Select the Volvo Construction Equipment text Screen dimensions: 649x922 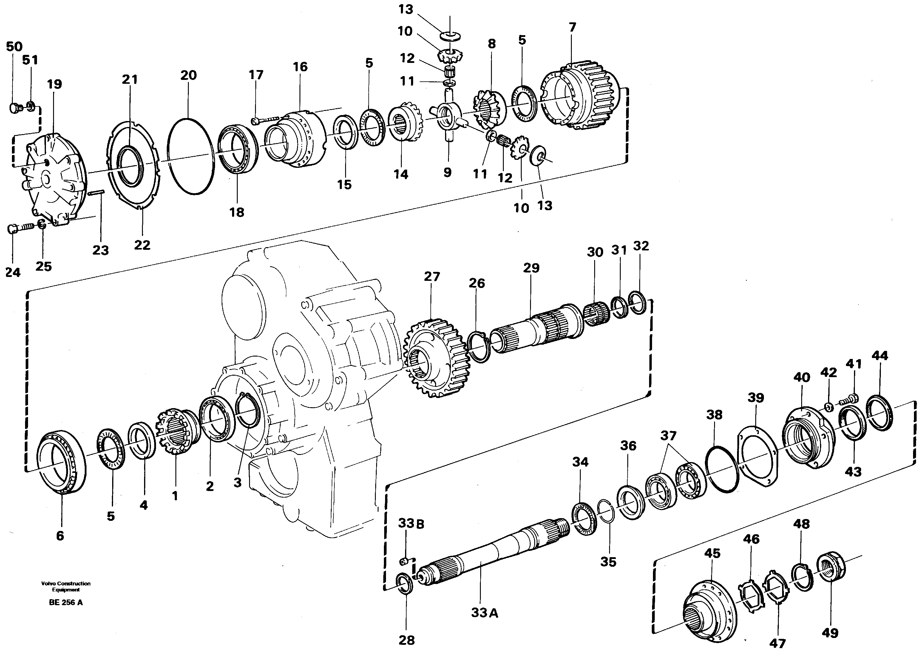tap(66, 586)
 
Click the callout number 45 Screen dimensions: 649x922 tap(712, 554)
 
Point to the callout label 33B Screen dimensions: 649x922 tap(411, 523)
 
